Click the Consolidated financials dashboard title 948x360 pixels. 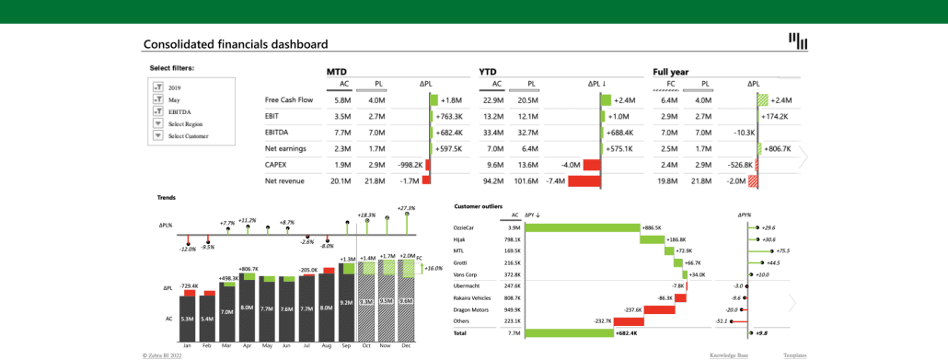click(x=235, y=43)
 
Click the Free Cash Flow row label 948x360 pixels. click(x=289, y=99)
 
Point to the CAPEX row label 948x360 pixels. click(x=277, y=165)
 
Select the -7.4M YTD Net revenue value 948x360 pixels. click(x=555, y=181)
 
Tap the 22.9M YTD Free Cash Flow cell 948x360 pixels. click(x=492, y=99)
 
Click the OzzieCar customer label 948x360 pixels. click(x=465, y=226)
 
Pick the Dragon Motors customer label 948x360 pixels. click(x=472, y=310)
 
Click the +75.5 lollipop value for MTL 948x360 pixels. click(x=782, y=250)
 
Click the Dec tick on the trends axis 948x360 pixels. click(x=406, y=345)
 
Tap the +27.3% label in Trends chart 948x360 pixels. click(x=406, y=208)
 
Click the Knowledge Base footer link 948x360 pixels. click(x=728, y=354)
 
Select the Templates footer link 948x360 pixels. click(x=795, y=354)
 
